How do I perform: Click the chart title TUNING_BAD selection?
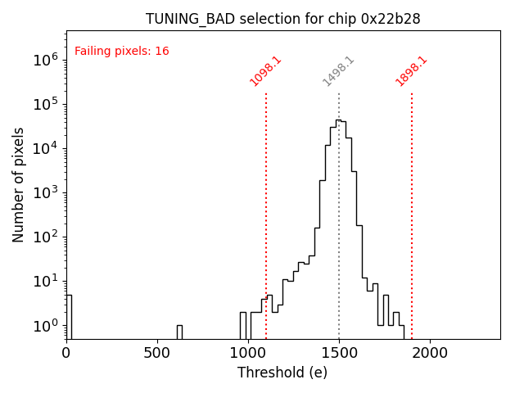pyautogui.click(x=282, y=19)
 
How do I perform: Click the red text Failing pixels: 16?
pyautogui.click(x=122, y=52)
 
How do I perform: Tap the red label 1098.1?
pyautogui.click(x=265, y=71)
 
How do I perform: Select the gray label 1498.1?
pyautogui.click(x=338, y=71)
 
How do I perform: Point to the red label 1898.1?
pyautogui.click(x=412, y=71)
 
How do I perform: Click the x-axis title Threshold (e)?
pyautogui.click(x=282, y=373)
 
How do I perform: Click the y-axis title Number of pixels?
pyautogui.click(x=19, y=184)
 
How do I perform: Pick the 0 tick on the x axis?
pyautogui.click(x=66, y=353)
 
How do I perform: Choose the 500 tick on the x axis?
pyautogui.click(x=157, y=353)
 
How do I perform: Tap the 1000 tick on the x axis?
pyautogui.click(x=248, y=353)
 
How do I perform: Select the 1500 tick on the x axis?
pyautogui.click(x=339, y=353)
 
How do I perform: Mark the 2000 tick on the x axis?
pyautogui.click(x=430, y=353)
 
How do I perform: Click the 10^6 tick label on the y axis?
pyautogui.click(x=45, y=60)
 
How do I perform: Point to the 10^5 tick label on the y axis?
pyautogui.click(x=45, y=104)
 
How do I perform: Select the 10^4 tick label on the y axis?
pyautogui.click(x=45, y=148)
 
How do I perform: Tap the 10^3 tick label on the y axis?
pyautogui.click(x=45, y=192)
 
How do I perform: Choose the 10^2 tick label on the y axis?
pyautogui.click(x=45, y=237)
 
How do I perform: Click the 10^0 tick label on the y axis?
pyautogui.click(x=45, y=326)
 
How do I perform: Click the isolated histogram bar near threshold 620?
pyautogui.click(x=179, y=332)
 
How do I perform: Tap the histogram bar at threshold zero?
pyautogui.click(x=69, y=316)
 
